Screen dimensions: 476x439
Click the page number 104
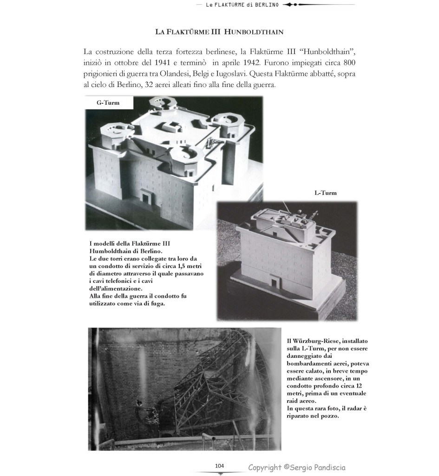click(220, 466)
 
